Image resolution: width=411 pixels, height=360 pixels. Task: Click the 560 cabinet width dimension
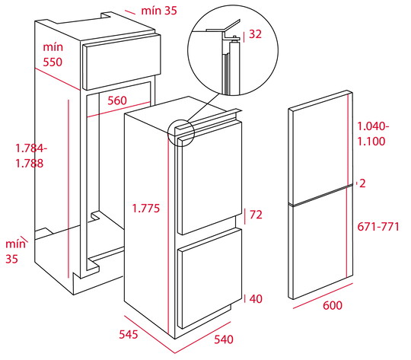click(x=117, y=100)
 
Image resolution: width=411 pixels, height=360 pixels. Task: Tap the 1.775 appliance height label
click(x=145, y=209)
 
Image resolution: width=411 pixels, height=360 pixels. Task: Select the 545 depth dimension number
click(x=129, y=334)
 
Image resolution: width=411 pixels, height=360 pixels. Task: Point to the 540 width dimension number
click(x=224, y=339)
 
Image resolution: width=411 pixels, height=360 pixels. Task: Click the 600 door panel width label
click(x=333, y=305)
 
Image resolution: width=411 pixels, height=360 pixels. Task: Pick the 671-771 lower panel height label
click(x=378, y=227)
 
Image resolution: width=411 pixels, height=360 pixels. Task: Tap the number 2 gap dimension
click(x=362, y=183)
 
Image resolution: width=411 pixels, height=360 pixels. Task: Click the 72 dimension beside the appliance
click(x=256, y=215)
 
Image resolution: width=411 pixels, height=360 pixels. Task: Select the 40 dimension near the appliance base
click(x=256, y=298)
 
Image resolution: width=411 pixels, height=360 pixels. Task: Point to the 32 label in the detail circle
click(x=255, y=34)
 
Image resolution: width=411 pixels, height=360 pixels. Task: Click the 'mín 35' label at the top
click(x=159, y=11)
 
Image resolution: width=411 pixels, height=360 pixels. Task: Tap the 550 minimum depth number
click(x=53, y=62)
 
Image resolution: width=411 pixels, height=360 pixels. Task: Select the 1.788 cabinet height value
click(x=30, y=163)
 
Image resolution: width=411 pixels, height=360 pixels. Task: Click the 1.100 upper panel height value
click(x=371, y=142)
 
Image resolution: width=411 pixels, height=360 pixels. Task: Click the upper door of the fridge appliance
click(x=210, y=178)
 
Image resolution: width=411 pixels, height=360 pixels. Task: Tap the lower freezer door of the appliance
click(x=210, y=278)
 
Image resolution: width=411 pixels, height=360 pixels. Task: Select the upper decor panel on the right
click(x=320, y=148)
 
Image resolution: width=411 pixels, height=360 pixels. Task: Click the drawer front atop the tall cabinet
click(x=121, y=62)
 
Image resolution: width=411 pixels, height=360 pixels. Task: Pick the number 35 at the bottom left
click(x=11, y=259)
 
